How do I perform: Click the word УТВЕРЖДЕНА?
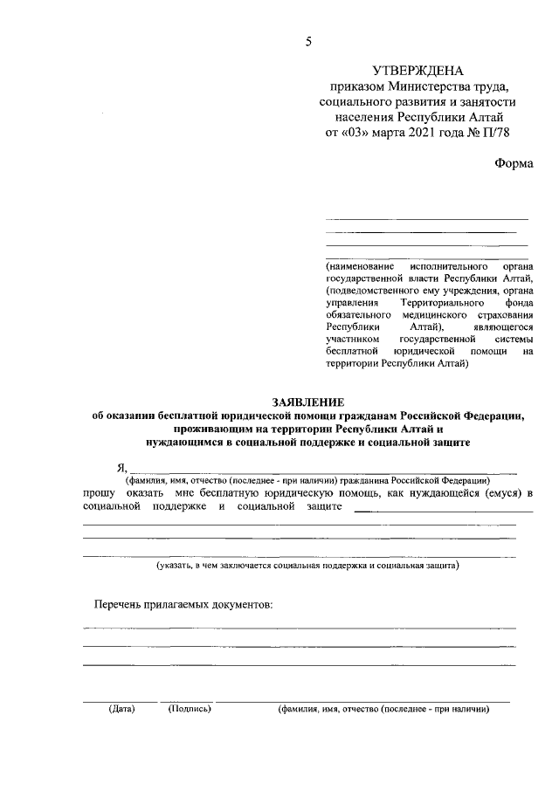(x=418, y=71)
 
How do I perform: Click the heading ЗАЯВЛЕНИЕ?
(x=308, y=402)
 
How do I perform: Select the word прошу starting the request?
(x=102, y=494)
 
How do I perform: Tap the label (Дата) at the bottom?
(x=121, y=709)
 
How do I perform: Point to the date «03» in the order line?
(x=348, y=133)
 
